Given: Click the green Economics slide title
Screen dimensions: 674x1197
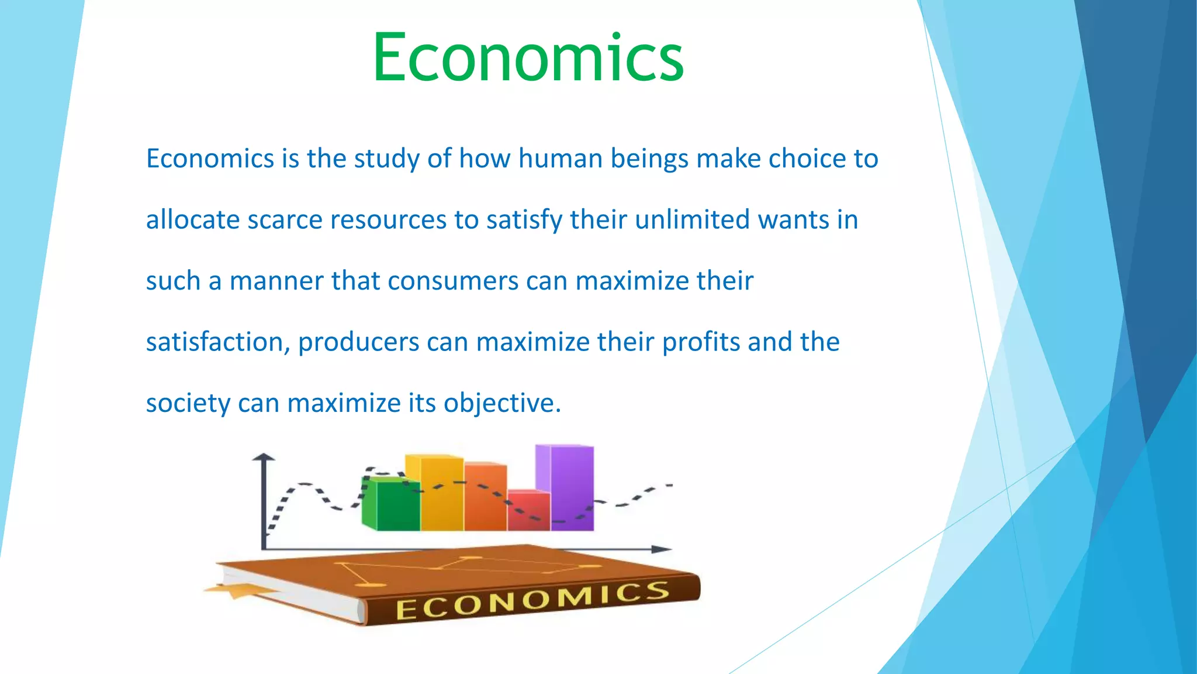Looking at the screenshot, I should tap(528, 57).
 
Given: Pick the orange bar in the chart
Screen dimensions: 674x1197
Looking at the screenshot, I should tap(486, 497).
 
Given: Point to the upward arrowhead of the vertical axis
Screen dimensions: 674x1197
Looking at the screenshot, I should tap(264, 457).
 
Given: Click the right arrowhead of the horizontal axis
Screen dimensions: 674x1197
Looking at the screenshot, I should tap(662, 549).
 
